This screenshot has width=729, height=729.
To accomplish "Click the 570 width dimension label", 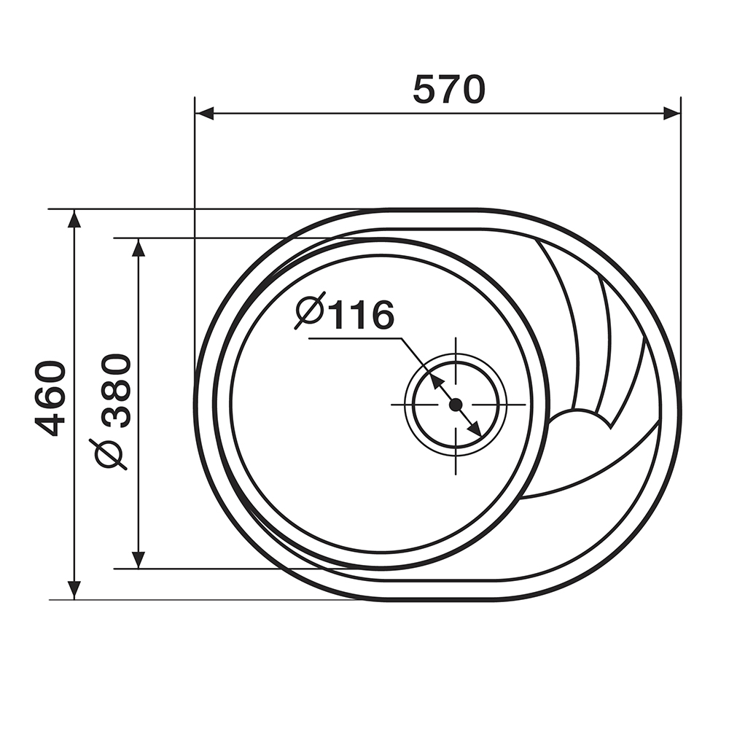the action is [449, 89].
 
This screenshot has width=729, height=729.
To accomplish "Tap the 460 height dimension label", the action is [50, 399].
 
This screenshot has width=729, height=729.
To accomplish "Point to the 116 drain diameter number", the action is [363, 315].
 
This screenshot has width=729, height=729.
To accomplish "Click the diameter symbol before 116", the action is [310, 311].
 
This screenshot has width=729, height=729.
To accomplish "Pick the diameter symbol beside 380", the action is [111, 453].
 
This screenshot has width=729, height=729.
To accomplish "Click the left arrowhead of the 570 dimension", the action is [204, 114].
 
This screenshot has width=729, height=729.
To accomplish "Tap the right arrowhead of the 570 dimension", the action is [671, 114].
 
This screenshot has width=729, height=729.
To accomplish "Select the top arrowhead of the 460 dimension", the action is [74, 219].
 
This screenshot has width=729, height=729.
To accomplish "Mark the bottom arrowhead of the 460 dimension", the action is [74, 590].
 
